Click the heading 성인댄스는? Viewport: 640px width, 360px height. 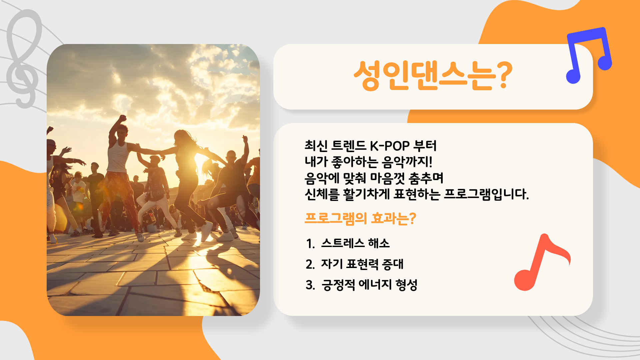pyautogui.click(x=433, y=76)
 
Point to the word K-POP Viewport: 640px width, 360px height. pyautogui.click(x=390, y=146)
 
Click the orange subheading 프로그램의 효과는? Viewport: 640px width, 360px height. pyautogui.click(x=360, y=219)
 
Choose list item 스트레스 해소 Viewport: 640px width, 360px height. pyautogui.click(x=355, y=243)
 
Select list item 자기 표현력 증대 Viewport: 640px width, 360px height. pyautogui.click(x=362, y=264)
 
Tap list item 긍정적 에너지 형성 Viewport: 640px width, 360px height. pyautogui.click(x=369, y=285)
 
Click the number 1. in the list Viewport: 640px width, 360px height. pyautogui.click(x=310, y=244)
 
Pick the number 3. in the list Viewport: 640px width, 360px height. pyautogui.click(x=310, y=285)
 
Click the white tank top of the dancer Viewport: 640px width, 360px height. pyautogui.click(x=118, y=157)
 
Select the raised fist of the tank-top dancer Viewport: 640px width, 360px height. pyautogui.click(x=123, y=118)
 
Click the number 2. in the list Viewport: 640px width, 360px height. pyautogui.click(x=310, y=264)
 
